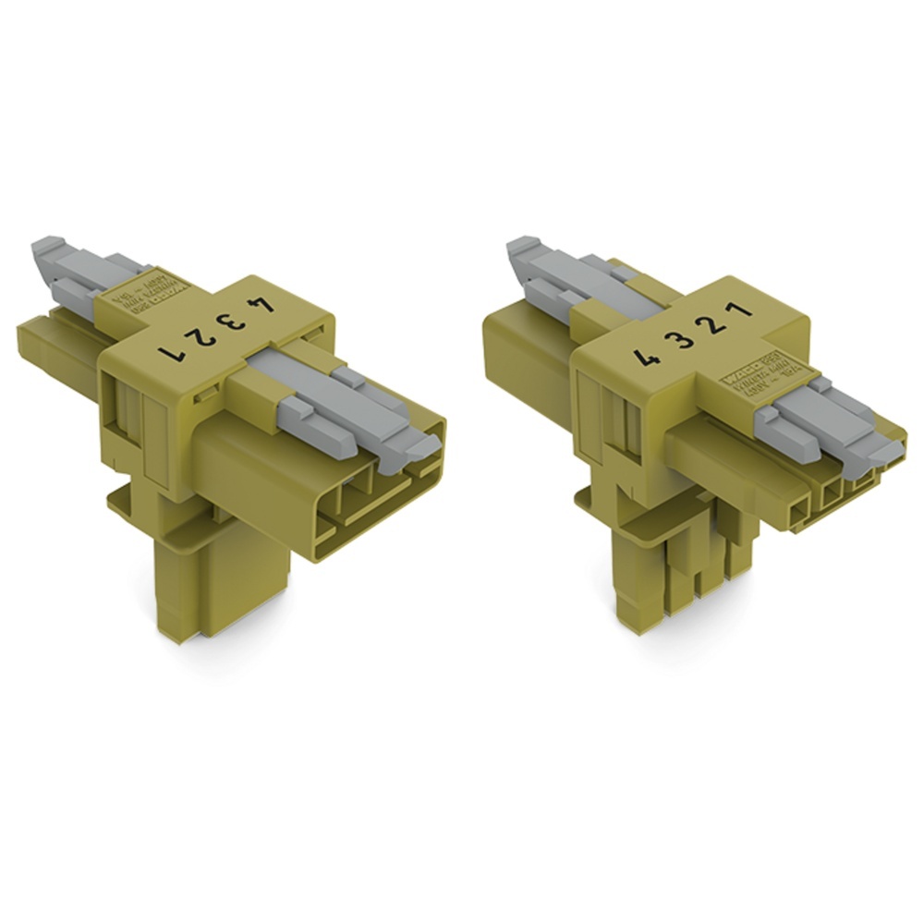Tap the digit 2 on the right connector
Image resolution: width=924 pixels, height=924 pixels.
714,327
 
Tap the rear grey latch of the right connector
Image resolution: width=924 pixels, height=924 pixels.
554,277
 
